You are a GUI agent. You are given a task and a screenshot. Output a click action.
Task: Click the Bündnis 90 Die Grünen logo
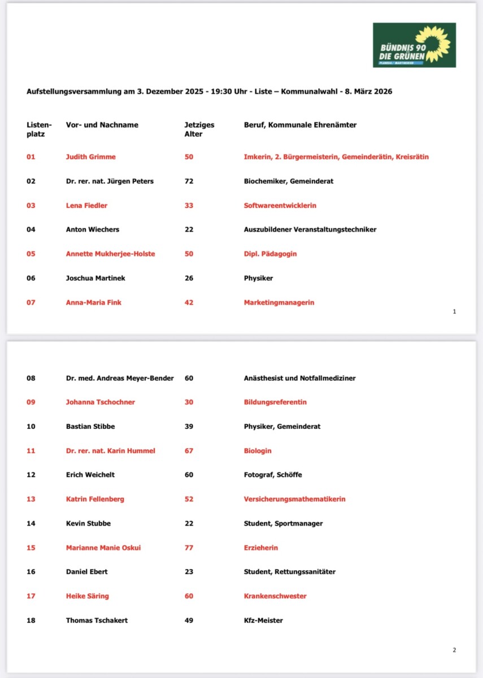point(414,45)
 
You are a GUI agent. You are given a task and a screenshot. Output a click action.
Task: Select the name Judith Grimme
point(90,157)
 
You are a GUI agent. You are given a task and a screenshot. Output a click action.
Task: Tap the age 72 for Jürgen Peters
point(189,181)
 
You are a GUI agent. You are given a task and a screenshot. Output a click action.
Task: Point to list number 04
point(31,229)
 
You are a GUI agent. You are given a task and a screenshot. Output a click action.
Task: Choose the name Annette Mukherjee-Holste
point(110,254)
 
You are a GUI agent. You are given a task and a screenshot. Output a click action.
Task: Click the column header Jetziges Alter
point(199,129)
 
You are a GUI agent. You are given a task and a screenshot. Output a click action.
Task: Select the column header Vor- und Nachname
point(102,125)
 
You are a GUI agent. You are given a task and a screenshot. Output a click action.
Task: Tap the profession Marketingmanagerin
point(279,302)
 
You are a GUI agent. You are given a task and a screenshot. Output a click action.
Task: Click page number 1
point(454,311)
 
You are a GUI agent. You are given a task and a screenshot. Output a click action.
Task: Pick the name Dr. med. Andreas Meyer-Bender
point(120,378)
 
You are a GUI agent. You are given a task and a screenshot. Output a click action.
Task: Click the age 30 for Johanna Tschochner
point(189,402)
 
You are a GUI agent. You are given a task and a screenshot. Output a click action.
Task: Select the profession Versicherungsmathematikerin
point(294,499)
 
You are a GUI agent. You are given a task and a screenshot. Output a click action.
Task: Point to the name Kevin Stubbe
point(88,523)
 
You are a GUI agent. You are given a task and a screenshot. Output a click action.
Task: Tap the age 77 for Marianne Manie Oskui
point(189,547)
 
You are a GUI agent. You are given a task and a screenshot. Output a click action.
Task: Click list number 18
point(31,620)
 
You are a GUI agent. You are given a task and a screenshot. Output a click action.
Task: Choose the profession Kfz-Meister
point(263,620)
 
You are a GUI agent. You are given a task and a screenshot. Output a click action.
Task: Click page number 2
point(454,650)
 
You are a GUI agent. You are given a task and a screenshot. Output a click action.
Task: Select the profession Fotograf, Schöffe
point(273,475)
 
